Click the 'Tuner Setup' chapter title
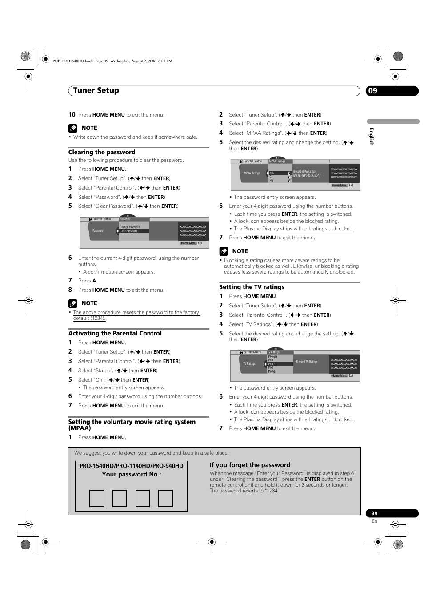click(96, 90)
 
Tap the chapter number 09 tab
click(373, 91)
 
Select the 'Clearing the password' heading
click(102, 152)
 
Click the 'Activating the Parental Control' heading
click(115, 333)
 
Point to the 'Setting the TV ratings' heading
click(252, 287)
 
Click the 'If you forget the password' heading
click(250, 465)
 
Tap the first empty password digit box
click(96, 498)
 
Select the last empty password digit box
click(165, 498)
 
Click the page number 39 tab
click(375, 513)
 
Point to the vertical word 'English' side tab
click(372, 136)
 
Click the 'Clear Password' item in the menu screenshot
click(129, 231)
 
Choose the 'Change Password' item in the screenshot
click(130, 227)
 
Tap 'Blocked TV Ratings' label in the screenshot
click(307, 362)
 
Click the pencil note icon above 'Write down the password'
click(73, 128)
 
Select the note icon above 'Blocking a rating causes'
click(224, 251)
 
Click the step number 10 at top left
click(72, 114)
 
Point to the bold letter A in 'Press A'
click(94, 281)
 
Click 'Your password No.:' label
click(131, 474)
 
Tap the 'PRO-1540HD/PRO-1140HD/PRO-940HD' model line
click(131, 466)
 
